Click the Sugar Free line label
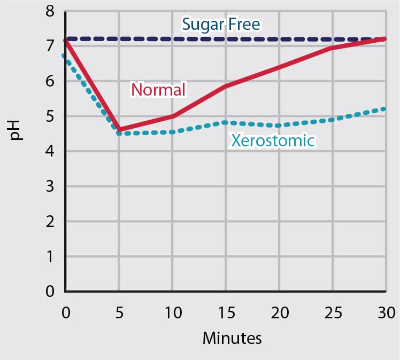(221, 24)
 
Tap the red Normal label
(158, 89)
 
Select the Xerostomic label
(273, 140)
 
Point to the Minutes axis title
(232, 338)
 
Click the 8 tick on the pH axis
(50, 11)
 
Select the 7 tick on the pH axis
(50, 46)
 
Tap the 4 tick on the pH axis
(50, 152)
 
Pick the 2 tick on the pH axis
(50, 222)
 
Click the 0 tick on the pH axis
(50, 292)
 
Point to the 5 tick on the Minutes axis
(119, 312)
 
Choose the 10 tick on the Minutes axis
(172, 312)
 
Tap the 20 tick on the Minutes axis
(279, 312)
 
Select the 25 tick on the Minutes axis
(333, 312)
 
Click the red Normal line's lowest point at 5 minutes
(119, 130)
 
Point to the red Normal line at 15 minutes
(226, 86)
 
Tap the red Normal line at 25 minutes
(333, 48)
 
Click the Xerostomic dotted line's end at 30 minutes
(384, 109)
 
